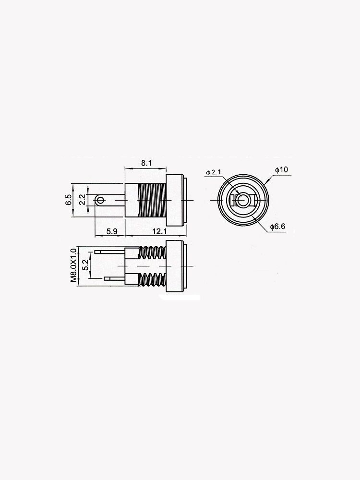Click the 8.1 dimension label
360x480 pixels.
tap(146, 163)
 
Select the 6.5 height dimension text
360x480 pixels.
tap(69, 200)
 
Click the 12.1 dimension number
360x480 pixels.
tap(160, 231)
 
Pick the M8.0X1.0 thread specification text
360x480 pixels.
tap(73, 265)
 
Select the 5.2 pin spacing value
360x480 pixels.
tap(85, 265)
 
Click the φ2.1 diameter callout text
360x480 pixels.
tap(213, 172)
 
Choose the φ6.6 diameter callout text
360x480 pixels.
tap(278, 226)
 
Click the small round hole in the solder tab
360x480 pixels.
tap(100, 200)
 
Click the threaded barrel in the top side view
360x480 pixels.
tap(151, 200)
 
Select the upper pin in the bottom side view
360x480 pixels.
tap(110, 252)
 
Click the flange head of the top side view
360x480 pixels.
tap(176, 200)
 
